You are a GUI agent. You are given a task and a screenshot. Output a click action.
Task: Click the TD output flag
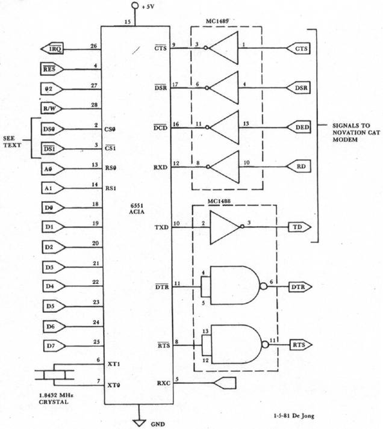point(299,227)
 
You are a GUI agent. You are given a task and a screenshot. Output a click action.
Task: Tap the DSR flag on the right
point(299,88)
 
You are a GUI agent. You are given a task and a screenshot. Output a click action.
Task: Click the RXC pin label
point(162,383)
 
